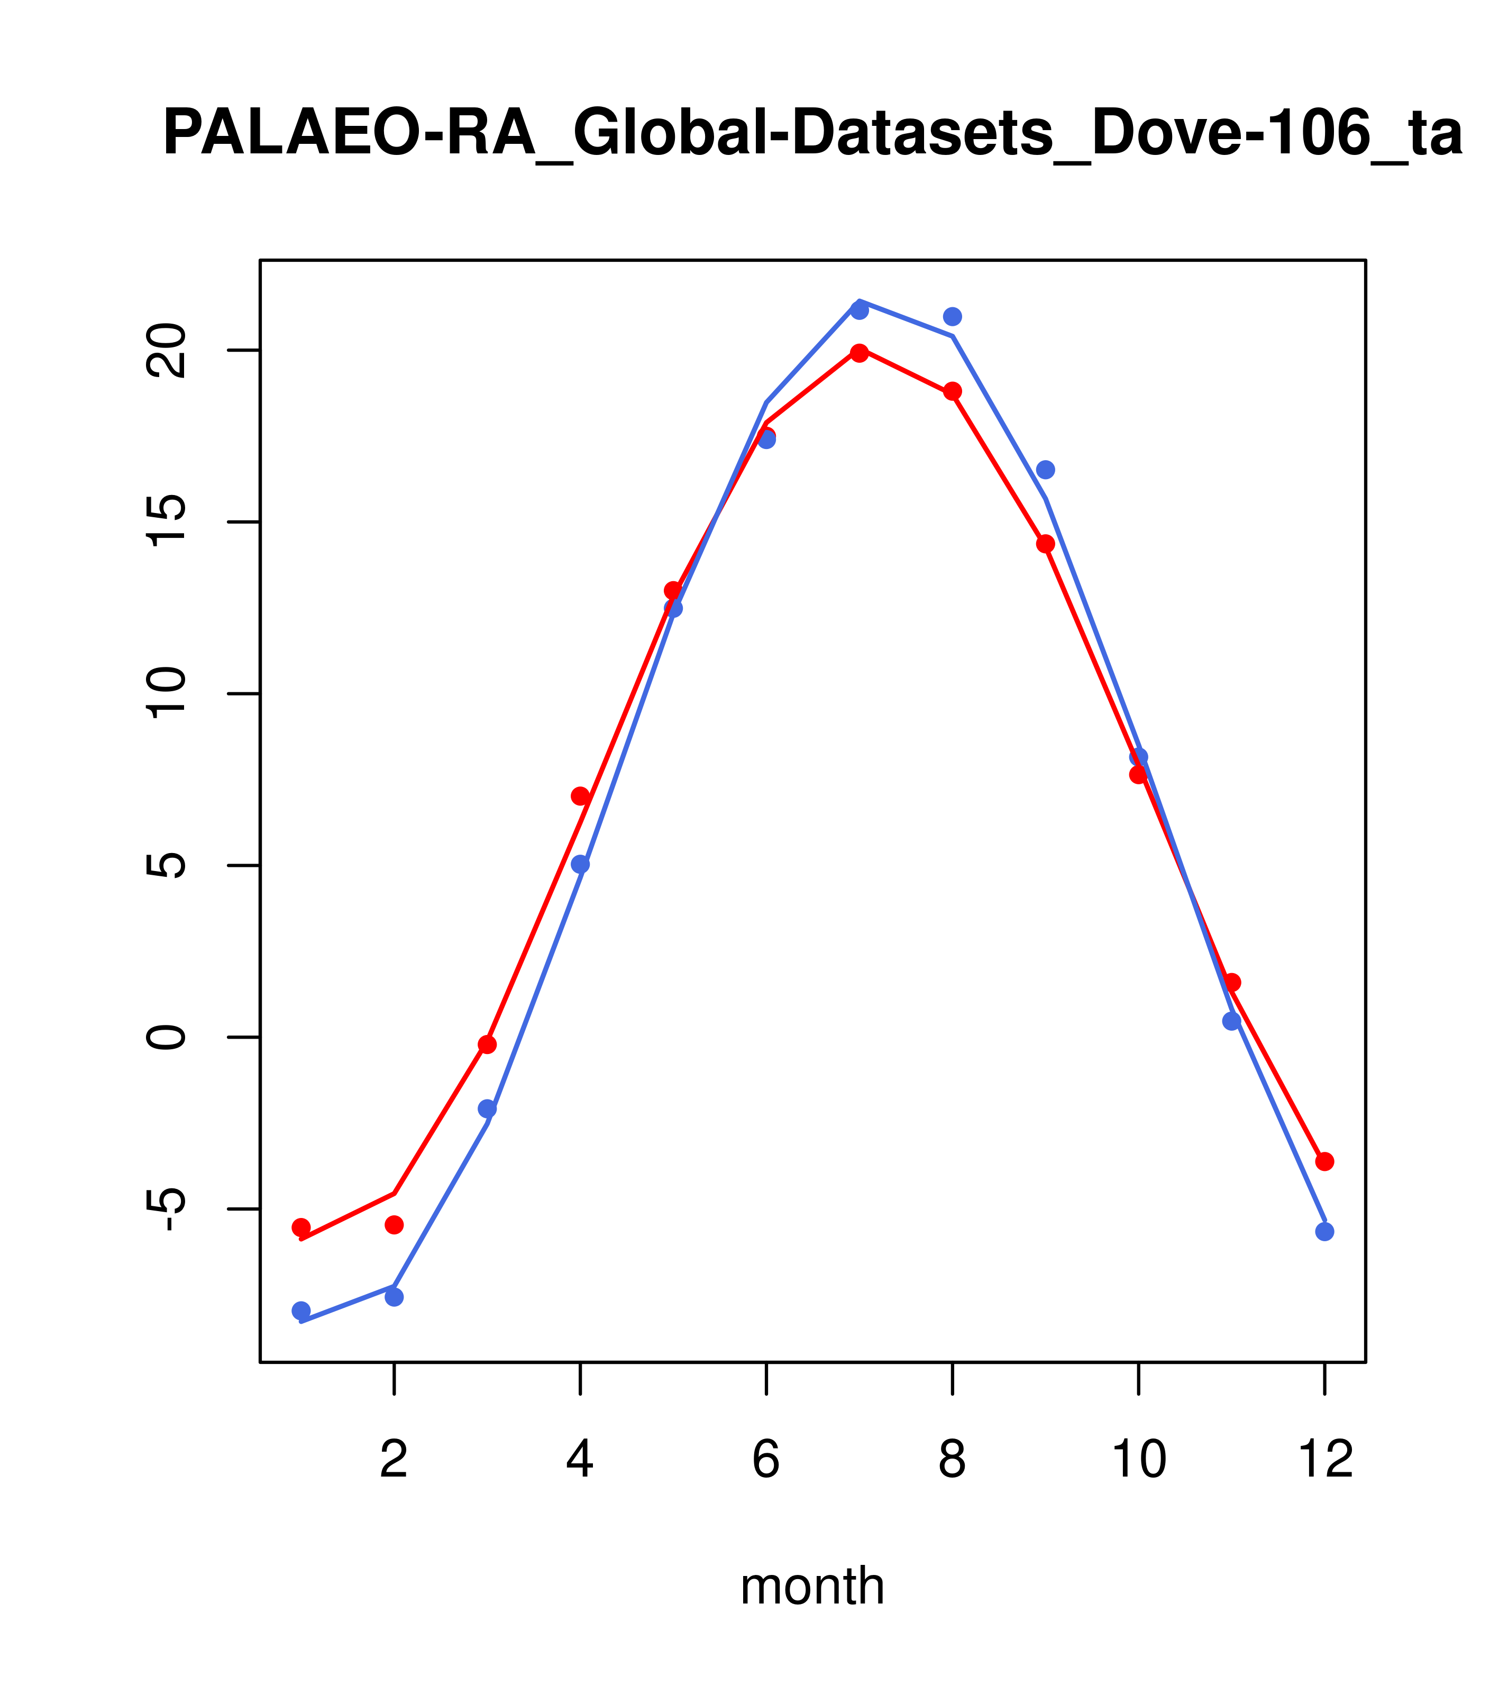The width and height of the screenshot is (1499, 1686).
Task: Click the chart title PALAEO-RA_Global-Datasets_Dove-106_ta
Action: [812, 134]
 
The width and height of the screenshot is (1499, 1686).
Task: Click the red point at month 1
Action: [301, 1227]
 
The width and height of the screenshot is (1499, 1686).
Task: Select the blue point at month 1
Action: [301, 1311]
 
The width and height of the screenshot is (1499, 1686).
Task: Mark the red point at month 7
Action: [860, 353]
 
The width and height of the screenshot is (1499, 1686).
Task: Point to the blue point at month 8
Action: [952, 317]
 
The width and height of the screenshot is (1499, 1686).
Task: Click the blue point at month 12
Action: [1325, 1232]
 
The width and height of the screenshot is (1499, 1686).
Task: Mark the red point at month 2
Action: [395, 1225]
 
